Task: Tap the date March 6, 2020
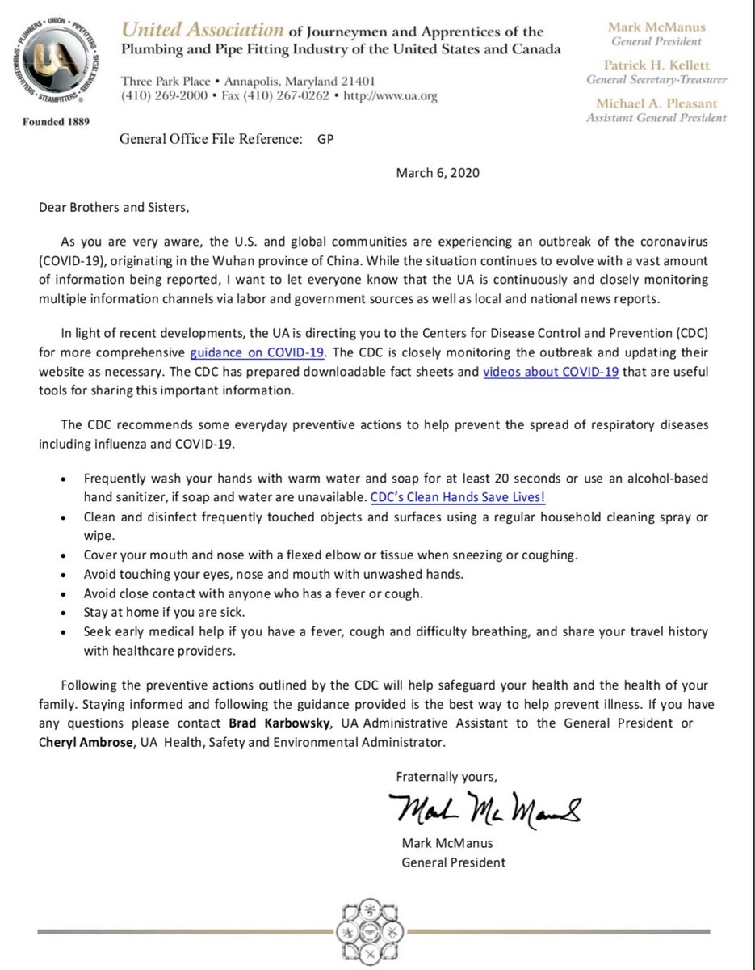click(x=432, y=172)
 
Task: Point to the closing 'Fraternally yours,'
click(x=447, y=777)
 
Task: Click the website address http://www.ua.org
click(x=390, y=96)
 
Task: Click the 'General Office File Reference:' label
click(x=211, y=138)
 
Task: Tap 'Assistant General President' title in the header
click(x=655, y=118)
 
